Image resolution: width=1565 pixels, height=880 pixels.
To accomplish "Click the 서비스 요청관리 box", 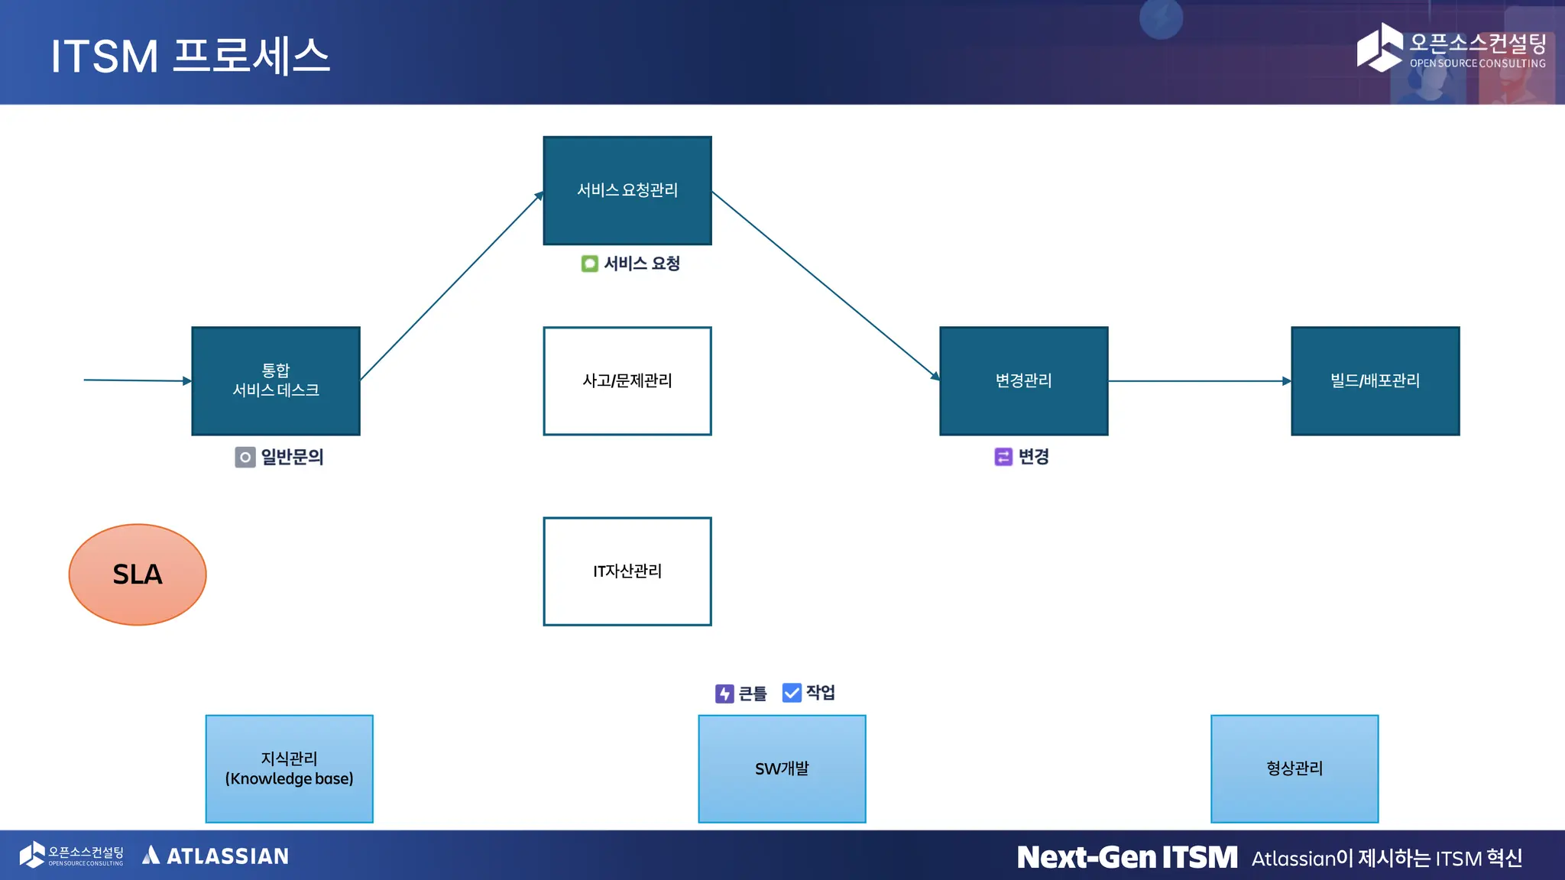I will [x=627, y=190].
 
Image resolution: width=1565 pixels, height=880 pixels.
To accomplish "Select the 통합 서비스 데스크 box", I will [x=275, y=380].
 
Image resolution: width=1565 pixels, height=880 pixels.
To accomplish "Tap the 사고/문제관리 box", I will [x=627, y=380].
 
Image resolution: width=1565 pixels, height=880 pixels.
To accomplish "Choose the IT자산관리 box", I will [x=627, y=571].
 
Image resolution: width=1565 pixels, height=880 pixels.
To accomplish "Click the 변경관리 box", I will [x=1023, y=380].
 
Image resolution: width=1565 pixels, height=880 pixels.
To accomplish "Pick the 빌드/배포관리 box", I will [x=1375, y=380].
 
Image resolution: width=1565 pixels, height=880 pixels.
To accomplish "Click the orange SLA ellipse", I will [x=138, y=574].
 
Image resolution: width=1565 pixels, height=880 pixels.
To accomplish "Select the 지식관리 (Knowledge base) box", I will [x=289, y=768].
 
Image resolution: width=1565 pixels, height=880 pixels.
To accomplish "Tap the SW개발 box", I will [x=782, y=768].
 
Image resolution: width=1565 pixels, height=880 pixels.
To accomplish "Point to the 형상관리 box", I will [x=1294, y=768].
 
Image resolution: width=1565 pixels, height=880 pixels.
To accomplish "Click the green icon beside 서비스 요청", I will [x=589, y=264].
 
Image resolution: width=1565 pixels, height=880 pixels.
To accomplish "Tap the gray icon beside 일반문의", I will [x=245, y=457].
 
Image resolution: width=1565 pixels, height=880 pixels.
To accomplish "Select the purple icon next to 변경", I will [x=1003, y=456].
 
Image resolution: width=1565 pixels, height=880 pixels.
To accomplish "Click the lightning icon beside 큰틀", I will [x=724, y=693].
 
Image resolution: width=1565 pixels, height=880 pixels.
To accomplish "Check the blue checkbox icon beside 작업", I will [x=792, y=692].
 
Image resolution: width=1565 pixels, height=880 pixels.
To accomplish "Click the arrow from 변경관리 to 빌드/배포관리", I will [x=1200, y=380].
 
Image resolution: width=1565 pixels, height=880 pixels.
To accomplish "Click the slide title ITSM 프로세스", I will [x=190, y=56].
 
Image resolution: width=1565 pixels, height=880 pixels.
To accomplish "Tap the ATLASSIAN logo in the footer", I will [x=215, y=856].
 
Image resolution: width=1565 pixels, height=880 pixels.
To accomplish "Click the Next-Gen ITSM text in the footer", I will [x=1127, y=857].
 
